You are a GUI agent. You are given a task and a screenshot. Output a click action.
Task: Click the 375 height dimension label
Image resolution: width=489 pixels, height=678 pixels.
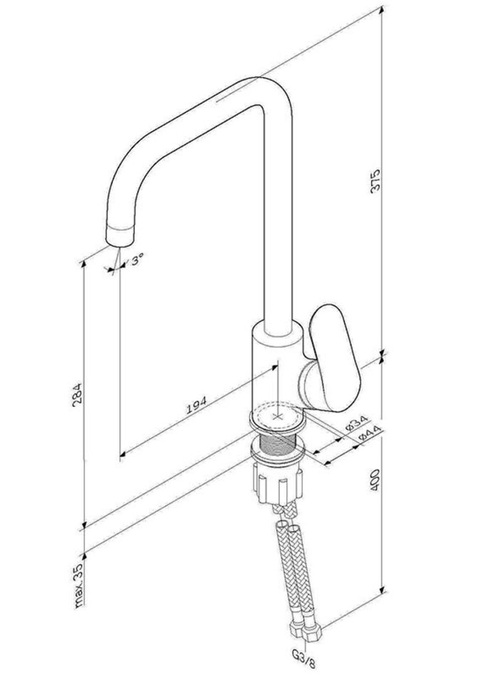point(375,181)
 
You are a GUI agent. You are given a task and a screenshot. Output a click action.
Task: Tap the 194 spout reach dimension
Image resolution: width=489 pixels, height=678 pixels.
point(197,404)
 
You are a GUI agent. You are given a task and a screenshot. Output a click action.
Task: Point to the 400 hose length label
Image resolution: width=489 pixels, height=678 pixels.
point(375,479)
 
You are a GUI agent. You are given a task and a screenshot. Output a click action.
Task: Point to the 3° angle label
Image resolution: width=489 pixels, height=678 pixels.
point(138,260)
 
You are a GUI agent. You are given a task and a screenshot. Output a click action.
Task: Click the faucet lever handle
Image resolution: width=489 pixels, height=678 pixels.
point(335,357)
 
